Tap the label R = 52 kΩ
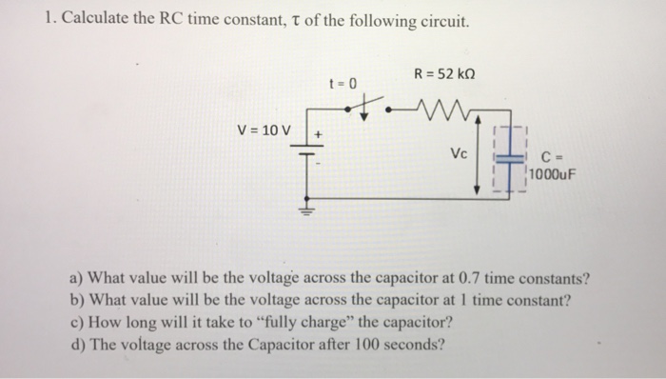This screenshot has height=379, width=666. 444,74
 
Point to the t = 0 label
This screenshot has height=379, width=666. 342,83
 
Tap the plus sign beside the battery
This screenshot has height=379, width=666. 320,136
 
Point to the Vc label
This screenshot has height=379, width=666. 460,152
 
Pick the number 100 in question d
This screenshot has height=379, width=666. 365,344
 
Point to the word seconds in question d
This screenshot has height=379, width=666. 412,344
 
